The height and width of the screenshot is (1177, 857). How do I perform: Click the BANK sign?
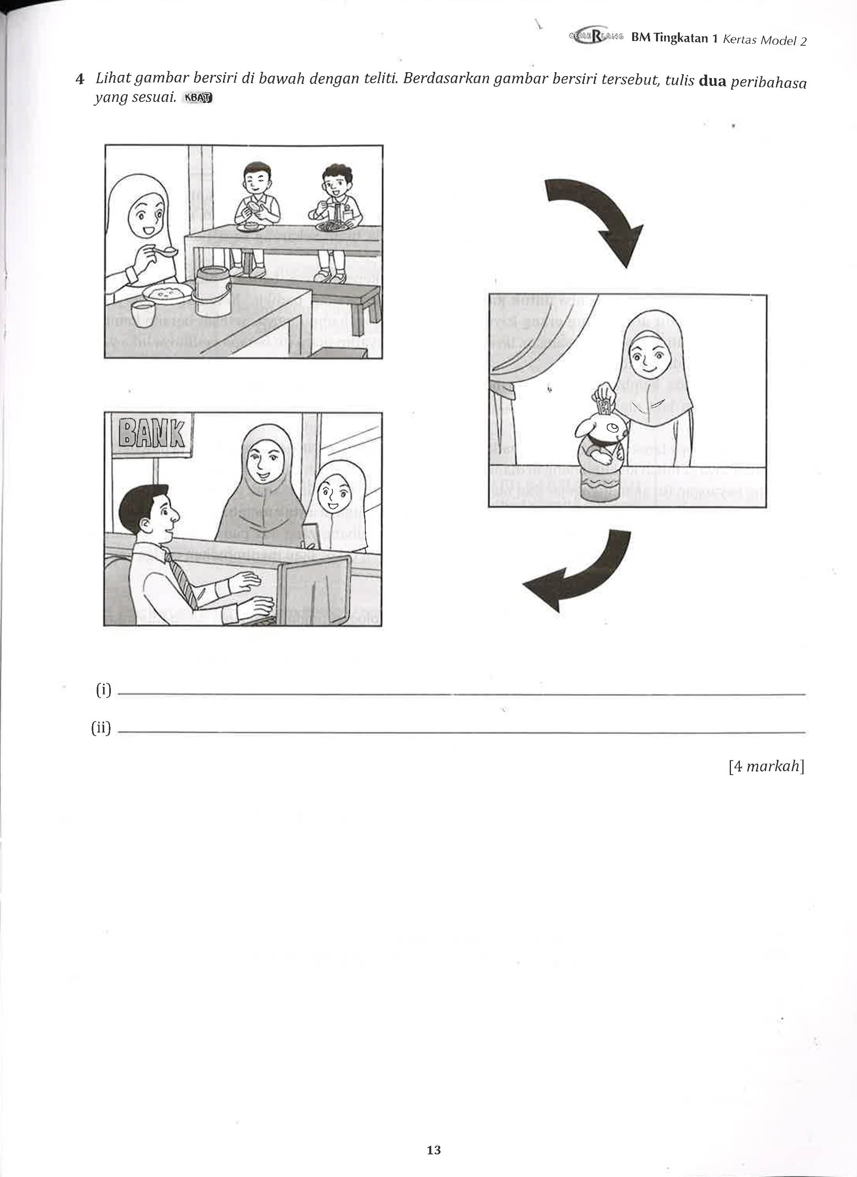(x=151, y=433)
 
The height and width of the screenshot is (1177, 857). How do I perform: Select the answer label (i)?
(x=103, y=690)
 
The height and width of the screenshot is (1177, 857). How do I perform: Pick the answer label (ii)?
(x=101, y=728)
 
